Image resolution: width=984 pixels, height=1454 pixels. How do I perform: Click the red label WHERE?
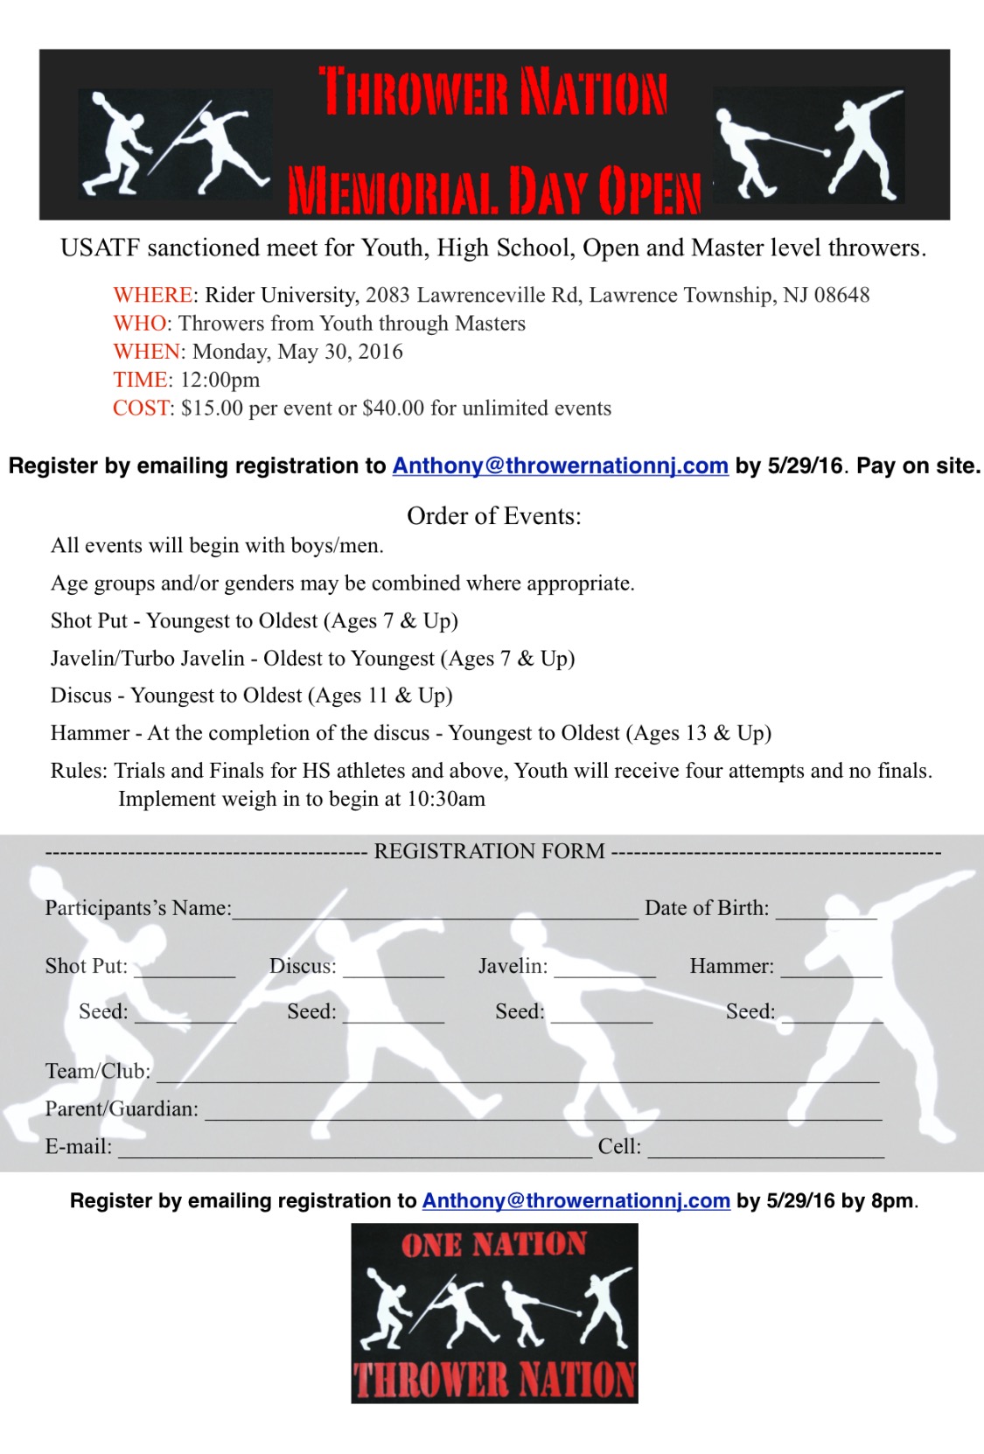(x=153, y=296)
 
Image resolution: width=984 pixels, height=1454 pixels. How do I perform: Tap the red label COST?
(x=141, y=409)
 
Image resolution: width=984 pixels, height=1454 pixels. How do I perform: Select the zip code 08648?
(x=841, y=296)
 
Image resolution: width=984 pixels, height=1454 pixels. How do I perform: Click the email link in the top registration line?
(x=560, y=466)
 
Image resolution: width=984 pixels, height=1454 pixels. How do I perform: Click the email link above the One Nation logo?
(x=576, y=1201)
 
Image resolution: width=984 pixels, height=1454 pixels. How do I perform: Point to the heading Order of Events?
(x=493, y=516)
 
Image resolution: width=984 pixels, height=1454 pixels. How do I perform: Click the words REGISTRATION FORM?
(x=489, y=851)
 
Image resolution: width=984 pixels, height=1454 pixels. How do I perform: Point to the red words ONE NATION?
(x=494, y=1245)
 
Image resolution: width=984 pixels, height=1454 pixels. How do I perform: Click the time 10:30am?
(x=446, y=800)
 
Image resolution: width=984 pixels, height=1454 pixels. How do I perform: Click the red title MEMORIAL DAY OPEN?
(x=494, y=190)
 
